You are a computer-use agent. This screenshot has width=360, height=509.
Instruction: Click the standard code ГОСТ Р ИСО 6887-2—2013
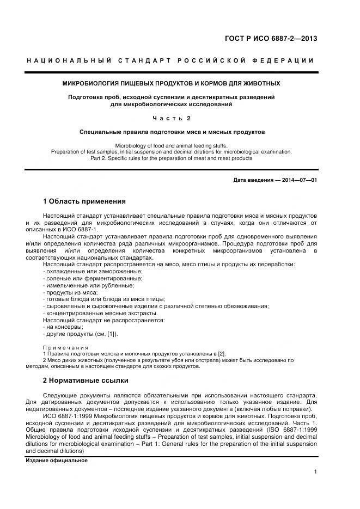271,39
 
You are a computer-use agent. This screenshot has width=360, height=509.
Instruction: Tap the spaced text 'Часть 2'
171,118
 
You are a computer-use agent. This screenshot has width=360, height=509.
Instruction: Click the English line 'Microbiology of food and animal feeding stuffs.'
171,146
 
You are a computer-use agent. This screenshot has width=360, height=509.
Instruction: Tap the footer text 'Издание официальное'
57,461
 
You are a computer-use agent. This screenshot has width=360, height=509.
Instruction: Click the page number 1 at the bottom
315,473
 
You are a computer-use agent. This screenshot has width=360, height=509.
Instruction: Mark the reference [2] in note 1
221,354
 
